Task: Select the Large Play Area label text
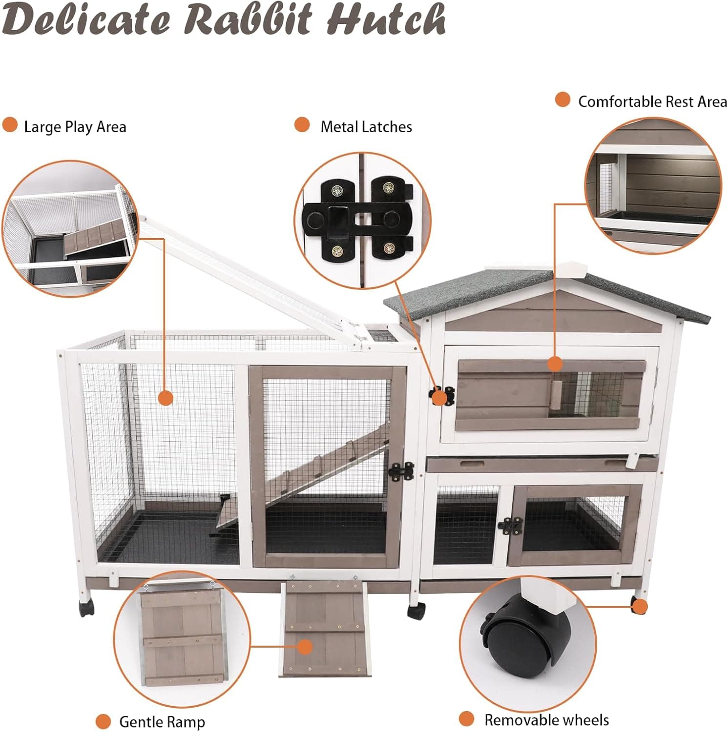(75, 127)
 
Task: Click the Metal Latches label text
(366, 127)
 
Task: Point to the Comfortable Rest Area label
(652, 102)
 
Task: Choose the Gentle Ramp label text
(162, 721)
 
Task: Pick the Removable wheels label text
(546, 720)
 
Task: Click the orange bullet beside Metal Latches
(302, 125)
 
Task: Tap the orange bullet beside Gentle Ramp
(103, 721)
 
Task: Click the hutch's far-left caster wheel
(86, 608)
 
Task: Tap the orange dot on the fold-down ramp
(305, 647)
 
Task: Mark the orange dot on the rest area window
(555, 364)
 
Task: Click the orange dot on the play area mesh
(166, 398)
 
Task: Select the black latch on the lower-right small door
(510, 526)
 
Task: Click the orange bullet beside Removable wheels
(466, 719)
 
